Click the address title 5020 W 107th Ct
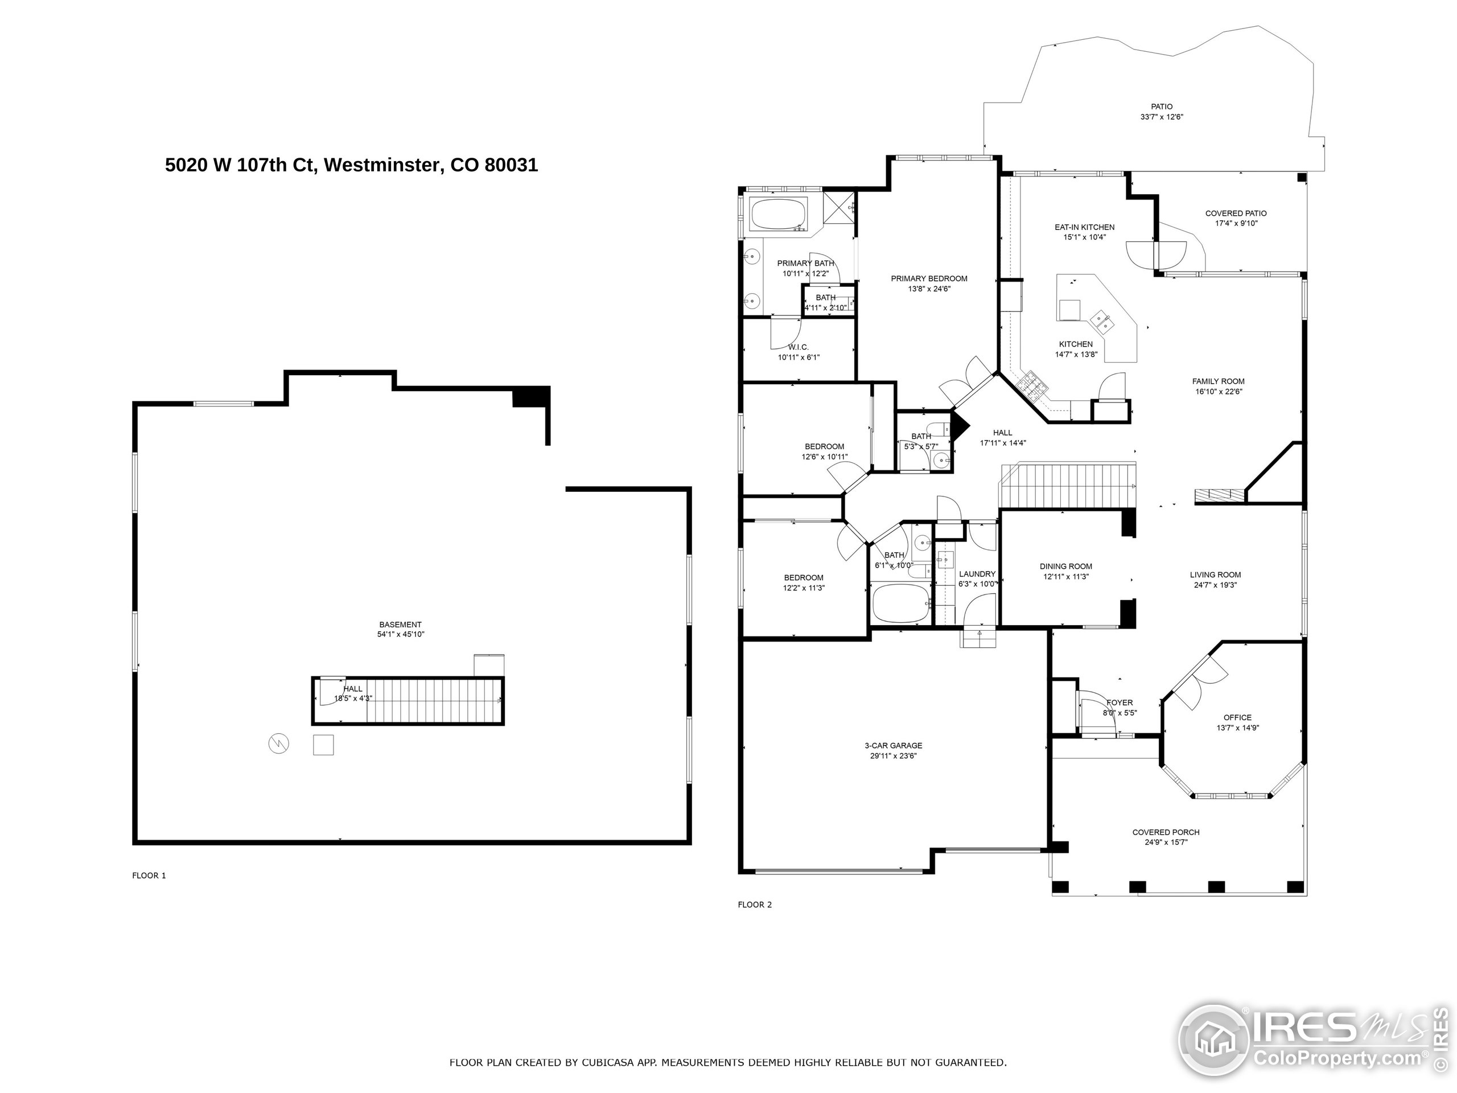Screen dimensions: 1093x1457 [351, 165]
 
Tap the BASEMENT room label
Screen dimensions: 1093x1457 [400, 624]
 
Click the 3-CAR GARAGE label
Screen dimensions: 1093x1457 [893, 746]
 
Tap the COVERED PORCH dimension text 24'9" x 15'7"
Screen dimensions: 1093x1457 [1166, 842]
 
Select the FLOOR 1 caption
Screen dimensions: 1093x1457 [149, 876]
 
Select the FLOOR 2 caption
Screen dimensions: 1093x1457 [754, 905]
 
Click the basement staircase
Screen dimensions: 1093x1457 [431, 701]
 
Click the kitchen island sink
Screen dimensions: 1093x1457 [1101, 322]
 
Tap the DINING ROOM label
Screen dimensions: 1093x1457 [1066, 566]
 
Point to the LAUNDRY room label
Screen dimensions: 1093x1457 [977, 574]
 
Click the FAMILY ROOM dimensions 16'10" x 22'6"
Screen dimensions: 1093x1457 [1219, 391]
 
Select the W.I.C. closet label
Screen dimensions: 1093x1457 [799, 347]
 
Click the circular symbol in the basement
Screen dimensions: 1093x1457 [279, 745]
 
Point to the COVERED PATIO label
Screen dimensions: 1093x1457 [1236, 213]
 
